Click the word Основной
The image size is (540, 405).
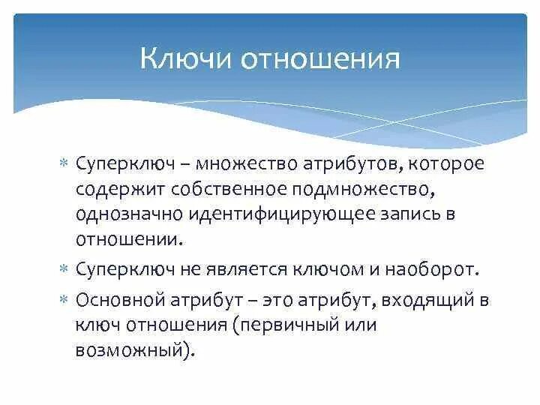(119, 301)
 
